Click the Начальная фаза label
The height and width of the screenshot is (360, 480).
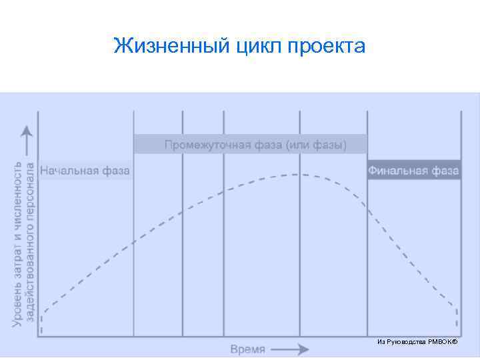coord(85,171)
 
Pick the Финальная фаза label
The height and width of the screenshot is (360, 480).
coord(413,171)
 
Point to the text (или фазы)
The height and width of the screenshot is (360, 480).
coord(316,145)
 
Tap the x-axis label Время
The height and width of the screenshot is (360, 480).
coord(248,349)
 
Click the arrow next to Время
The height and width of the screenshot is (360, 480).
coord(290,349)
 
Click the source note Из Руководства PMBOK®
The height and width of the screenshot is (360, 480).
coord(417,342)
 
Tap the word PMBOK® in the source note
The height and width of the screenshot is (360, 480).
coord(443,342)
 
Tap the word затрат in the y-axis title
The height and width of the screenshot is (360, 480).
coord(17,253)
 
